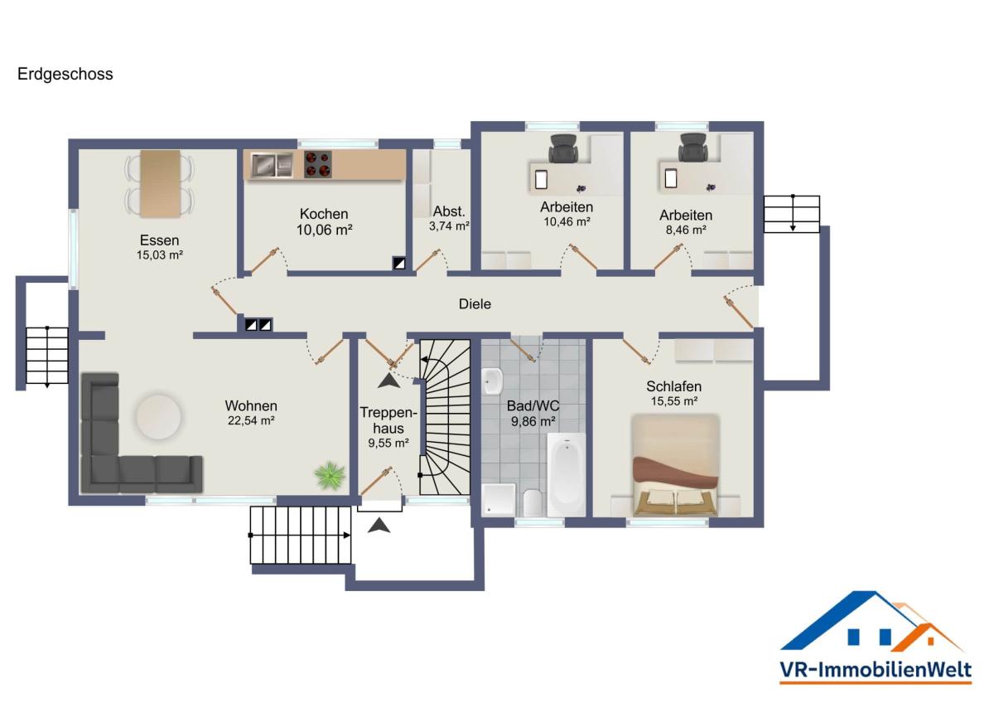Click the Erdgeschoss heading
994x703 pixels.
click(x=65, y=74)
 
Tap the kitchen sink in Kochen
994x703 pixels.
click(x=272, y=165)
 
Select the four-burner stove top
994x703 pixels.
click(x=318, y=164)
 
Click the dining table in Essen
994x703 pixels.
click(x=160, y=183)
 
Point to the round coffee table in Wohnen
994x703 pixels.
click(x=158, y=417)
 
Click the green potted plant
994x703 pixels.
click(x=330, y=476)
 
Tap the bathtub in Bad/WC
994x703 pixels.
click(x=567, y=475)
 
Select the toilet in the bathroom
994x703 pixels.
click(x=532, y=503)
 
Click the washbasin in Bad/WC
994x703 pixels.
click(x=492, y=381)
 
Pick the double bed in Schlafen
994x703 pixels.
click(x=675, y=465)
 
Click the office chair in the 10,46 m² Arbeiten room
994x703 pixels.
click(x=563, y=148)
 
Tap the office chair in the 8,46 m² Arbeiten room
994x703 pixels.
click(x=693, y=148)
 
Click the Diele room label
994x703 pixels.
click(x=475, y=304)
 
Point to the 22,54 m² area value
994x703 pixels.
click(x=251, y=420)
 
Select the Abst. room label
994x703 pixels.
click(x=449, y=211)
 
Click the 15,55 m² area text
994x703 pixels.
click(x=674, y=401)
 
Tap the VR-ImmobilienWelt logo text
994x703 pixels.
click(x=876, y=669)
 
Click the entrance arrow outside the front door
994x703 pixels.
click(x=379, y=525)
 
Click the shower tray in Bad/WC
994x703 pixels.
click(x=499, y=500)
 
